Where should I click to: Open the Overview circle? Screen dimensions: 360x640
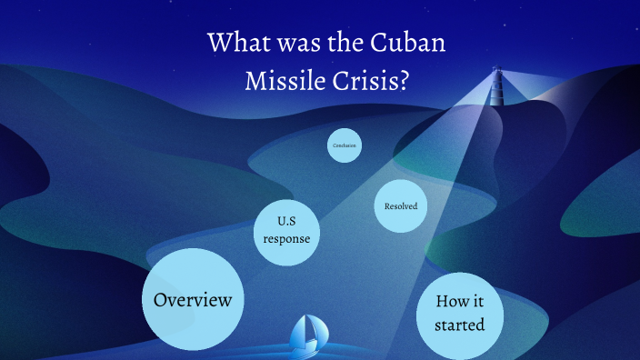pyautogui.click(x=193, y=299)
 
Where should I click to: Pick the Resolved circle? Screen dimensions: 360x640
pyautogui.click(x=401, y=206)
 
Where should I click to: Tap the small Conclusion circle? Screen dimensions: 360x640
pyautogui.click(x=345, y=145)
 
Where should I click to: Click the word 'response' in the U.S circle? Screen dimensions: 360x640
pyautogui.click(x=287, y=239)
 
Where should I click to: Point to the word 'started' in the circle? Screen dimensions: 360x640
pyautogui.click(x=459, y=325)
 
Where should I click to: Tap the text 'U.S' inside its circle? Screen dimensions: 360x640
pyautogui.click(x=287, y=219)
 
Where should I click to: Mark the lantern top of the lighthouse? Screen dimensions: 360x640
pyautogui.click(x=495, y=69)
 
